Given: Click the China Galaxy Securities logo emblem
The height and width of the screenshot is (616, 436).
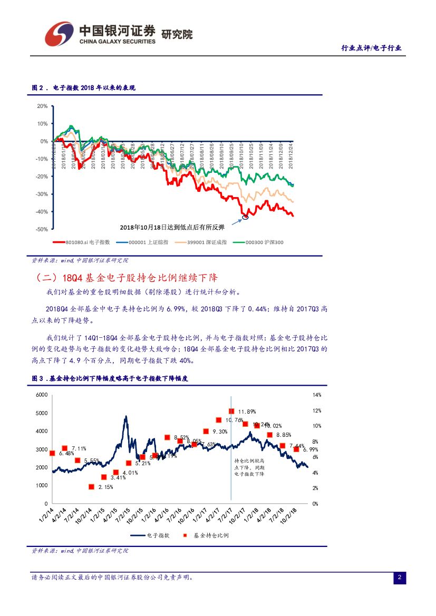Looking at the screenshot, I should (59, 34).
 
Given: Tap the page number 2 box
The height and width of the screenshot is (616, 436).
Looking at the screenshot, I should (400, 578).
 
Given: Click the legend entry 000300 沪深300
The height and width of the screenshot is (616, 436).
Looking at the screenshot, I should (262, 242).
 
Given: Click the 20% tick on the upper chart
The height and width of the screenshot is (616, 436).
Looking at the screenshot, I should (42, 106).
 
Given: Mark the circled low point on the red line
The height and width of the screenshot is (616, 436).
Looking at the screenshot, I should (245, 216).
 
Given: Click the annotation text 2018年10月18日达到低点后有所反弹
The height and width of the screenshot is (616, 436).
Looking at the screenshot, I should (172, 227).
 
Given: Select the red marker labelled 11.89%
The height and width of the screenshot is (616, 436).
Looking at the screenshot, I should (231, 411).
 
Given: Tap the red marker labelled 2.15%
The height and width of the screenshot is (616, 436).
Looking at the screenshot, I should (91, 487).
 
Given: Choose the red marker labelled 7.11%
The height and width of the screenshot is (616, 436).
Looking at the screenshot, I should (65, 448).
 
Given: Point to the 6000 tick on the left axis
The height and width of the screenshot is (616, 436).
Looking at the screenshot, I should (42, 395).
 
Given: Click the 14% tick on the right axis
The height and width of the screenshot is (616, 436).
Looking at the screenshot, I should (316, 395).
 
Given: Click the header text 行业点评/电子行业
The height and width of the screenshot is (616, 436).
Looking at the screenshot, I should (371, 48).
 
